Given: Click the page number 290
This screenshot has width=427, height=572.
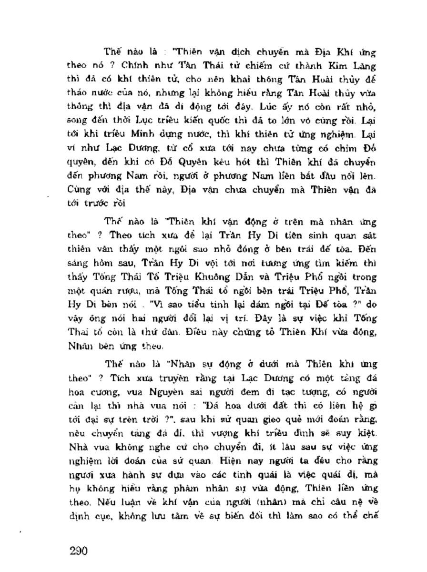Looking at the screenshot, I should click(x=77, y=552).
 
